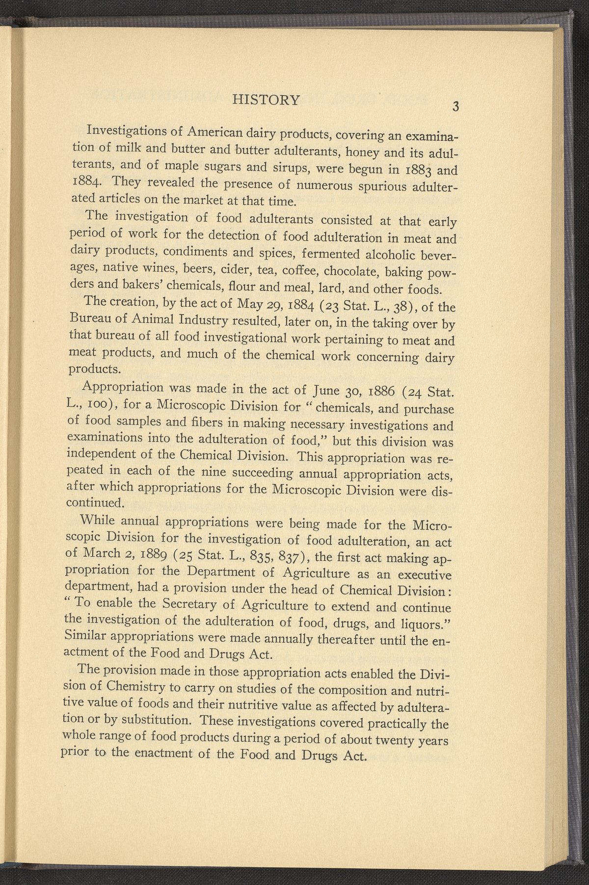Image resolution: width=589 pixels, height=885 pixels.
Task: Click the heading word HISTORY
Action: [x=266, y=100]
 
